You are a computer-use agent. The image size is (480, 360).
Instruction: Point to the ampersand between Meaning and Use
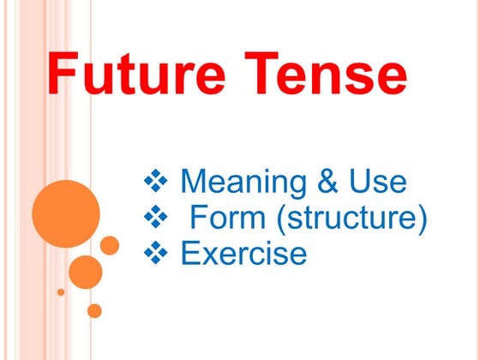322,182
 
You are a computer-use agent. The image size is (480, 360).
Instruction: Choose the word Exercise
243,254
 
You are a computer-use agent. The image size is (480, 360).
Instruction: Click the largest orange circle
66,213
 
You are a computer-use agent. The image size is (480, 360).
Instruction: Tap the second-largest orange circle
86,272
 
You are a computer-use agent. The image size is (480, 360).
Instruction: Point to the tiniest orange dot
61,291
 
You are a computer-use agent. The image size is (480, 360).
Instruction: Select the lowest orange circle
94,310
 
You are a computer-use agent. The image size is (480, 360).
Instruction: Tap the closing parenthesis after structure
421,219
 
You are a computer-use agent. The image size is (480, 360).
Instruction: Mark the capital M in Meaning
195,182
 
